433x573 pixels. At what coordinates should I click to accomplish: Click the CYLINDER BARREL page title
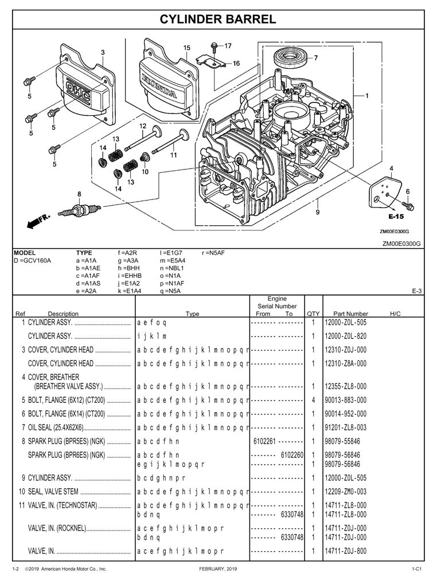(x=217, y=19)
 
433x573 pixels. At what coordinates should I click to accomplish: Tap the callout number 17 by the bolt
(x=228, y=45)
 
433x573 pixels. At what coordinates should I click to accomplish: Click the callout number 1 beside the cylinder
(x=366, y=96)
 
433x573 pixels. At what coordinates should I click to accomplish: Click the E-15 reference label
(x=396, y=217)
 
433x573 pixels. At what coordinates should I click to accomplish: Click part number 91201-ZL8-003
(x=345, y=427)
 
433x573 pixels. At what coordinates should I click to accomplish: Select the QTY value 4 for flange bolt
(x=314, y=399)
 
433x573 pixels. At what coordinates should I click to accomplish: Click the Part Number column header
(x=350, y=313)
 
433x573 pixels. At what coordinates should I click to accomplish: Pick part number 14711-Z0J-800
(x=345, y=551)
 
